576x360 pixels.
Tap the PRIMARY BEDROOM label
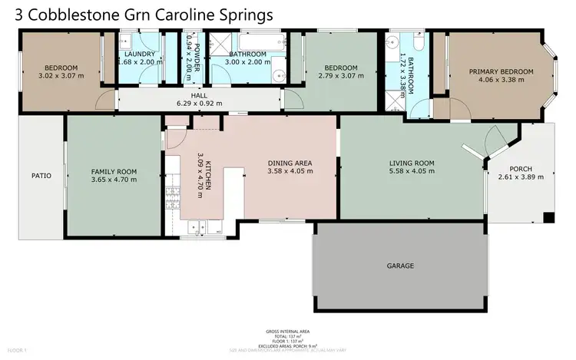click(x=501, y=71)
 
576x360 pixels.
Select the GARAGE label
click(x=400, y=266)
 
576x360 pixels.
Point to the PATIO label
click(x=41, y=176)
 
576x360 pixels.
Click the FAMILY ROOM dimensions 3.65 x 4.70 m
click(x=114, y=180)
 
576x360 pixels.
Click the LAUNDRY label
click(x=139, y=54)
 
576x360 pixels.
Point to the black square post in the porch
click(x=548, y=218)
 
